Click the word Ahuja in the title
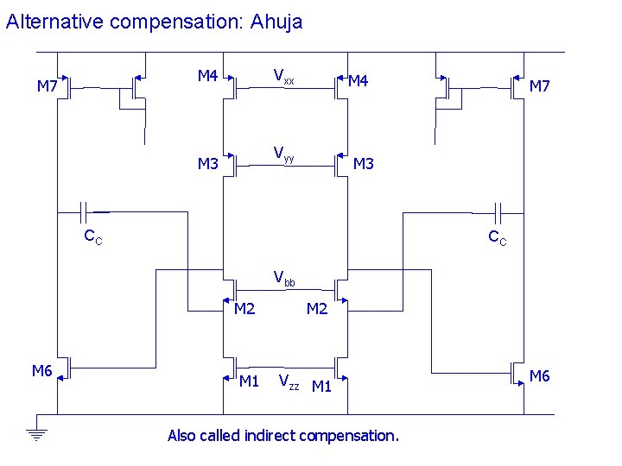[276, 22]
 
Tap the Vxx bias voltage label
[283, 77]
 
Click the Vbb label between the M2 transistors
[283, 279]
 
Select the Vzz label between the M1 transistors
[289, 382]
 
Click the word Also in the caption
[181, 436]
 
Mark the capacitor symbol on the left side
[86, 211]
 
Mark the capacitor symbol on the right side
[498, 211]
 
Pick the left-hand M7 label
[47, 85]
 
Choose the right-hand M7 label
[540, 85]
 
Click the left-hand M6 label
[42, 371]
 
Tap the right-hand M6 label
[539, 375]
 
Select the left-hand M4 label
[207, 76]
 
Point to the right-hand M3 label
[364, 164]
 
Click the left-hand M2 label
[245, 309]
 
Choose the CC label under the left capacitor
[92, 237]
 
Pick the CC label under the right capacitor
[498, 237]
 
